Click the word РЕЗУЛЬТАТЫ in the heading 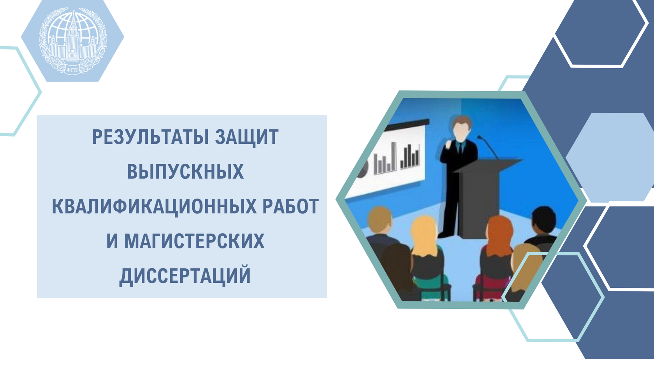click(150, 137)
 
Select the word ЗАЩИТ click(247, 137)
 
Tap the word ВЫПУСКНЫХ click(185, 171)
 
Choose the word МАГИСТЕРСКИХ click(195, 241)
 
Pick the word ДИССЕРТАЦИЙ click(185, 275)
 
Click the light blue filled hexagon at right click(610, 157)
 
